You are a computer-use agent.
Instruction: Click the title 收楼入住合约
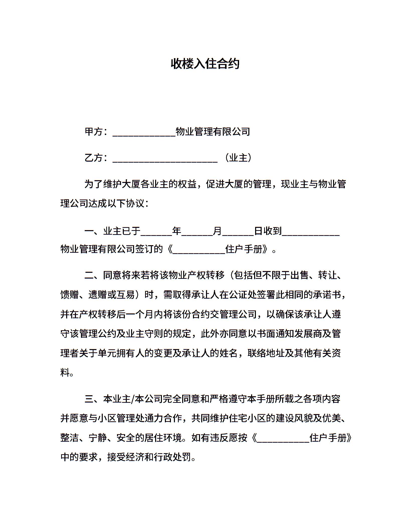pyautogui.click(x=205, y=64)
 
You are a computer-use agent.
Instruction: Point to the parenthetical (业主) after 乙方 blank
pyautogui.click(x=238, y=158)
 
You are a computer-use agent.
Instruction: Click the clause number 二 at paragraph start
pyautogui.click(x=89, y=276)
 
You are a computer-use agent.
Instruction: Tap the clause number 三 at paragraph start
pyautogui.click(x=89, y=399)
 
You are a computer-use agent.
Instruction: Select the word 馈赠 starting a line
pyautogui.click(x=70, y=295)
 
